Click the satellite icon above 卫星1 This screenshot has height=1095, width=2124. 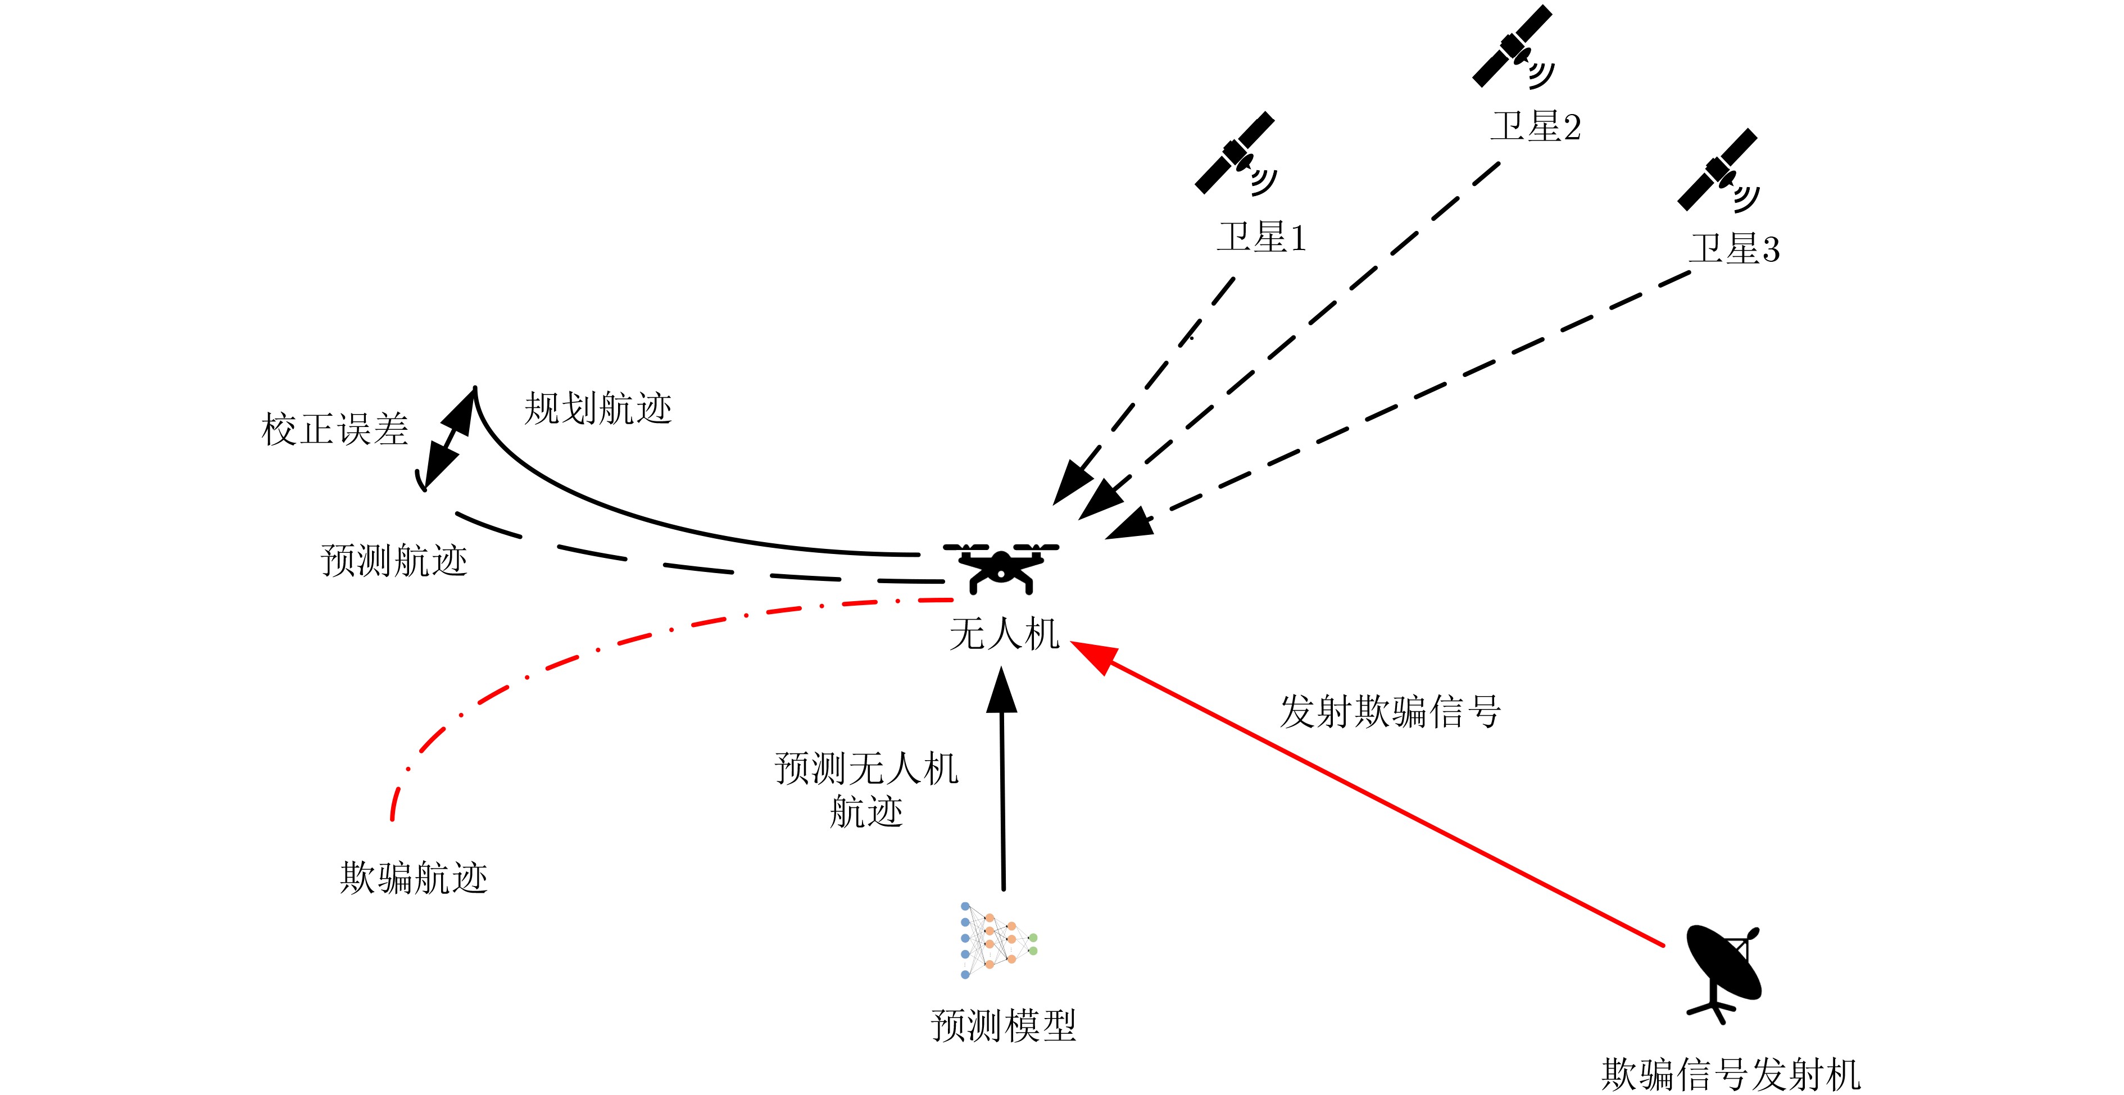[x=1235, y=154]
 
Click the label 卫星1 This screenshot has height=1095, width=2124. [x=1261, y=238]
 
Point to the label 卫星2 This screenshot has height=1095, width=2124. [x=1535, y=127]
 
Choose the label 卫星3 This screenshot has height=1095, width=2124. [x=1734, y=249]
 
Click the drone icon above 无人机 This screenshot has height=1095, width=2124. [x=1001, y=567]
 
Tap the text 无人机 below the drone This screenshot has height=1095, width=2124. [x=1004, y=634]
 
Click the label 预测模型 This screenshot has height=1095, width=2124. [x=1004, y=1026]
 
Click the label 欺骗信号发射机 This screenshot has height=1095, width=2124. [x=1731, y=1074]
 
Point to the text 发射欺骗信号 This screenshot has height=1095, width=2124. [x=1390, y=711]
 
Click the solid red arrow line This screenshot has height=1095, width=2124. [x=1369, y=795]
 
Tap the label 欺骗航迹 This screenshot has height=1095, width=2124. [x=414, y=878]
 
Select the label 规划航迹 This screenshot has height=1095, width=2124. [x=598, y=408]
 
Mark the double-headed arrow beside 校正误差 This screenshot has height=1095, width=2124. [x=450, y=439]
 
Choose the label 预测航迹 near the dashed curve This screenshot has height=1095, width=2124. [x=394, y=561]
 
